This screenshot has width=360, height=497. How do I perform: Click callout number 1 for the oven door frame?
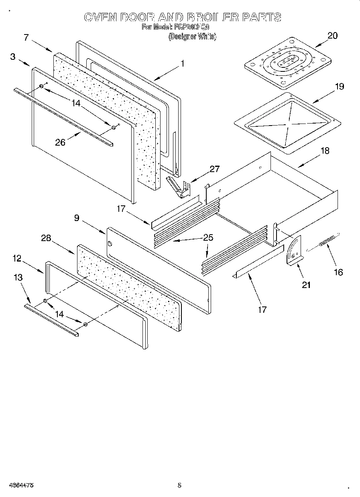[182, 63]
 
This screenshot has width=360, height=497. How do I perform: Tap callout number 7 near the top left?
[26, 38]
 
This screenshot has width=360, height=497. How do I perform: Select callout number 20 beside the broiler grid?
[332, 35]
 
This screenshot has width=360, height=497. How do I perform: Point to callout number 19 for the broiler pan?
[339, 86]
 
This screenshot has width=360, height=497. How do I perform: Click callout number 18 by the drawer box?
[325, 151]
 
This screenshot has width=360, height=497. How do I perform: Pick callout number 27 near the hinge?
[215, 169]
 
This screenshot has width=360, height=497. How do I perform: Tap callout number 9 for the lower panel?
[77, 218]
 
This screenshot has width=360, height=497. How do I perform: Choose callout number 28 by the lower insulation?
[46, 238]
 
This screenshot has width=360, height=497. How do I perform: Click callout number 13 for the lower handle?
[18, 278]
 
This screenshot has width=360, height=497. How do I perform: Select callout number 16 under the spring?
[338, 272]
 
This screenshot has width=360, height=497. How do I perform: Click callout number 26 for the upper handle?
[60, 142]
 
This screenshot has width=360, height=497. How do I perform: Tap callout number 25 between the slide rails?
[208, 237]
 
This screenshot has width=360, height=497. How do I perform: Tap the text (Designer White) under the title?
[192, 37]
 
